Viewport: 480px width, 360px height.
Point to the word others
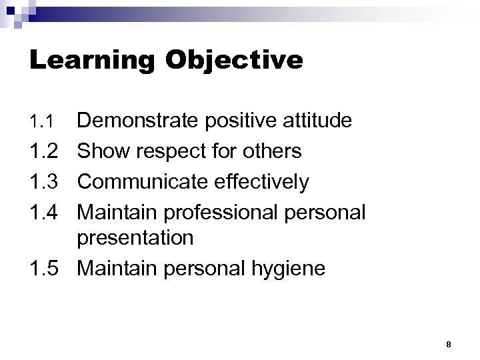pyautogui.click(x=271, y=151)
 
